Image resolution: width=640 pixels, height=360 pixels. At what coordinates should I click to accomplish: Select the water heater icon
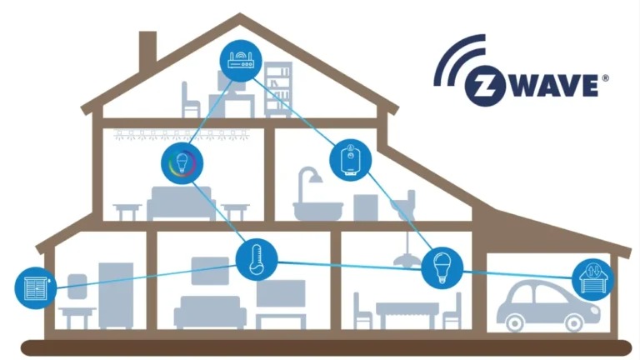pos(350,158)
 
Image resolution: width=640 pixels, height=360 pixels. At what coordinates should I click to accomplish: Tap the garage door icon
pos(592,278)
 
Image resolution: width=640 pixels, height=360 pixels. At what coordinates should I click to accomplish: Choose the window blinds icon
pos(35,287)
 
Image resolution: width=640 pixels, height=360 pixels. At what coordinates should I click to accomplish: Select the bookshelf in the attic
pos(278,92)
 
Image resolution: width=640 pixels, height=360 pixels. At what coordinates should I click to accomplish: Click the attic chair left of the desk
pos(192,98)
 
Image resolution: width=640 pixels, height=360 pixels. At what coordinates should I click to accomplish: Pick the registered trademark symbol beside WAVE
pos(605,77)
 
